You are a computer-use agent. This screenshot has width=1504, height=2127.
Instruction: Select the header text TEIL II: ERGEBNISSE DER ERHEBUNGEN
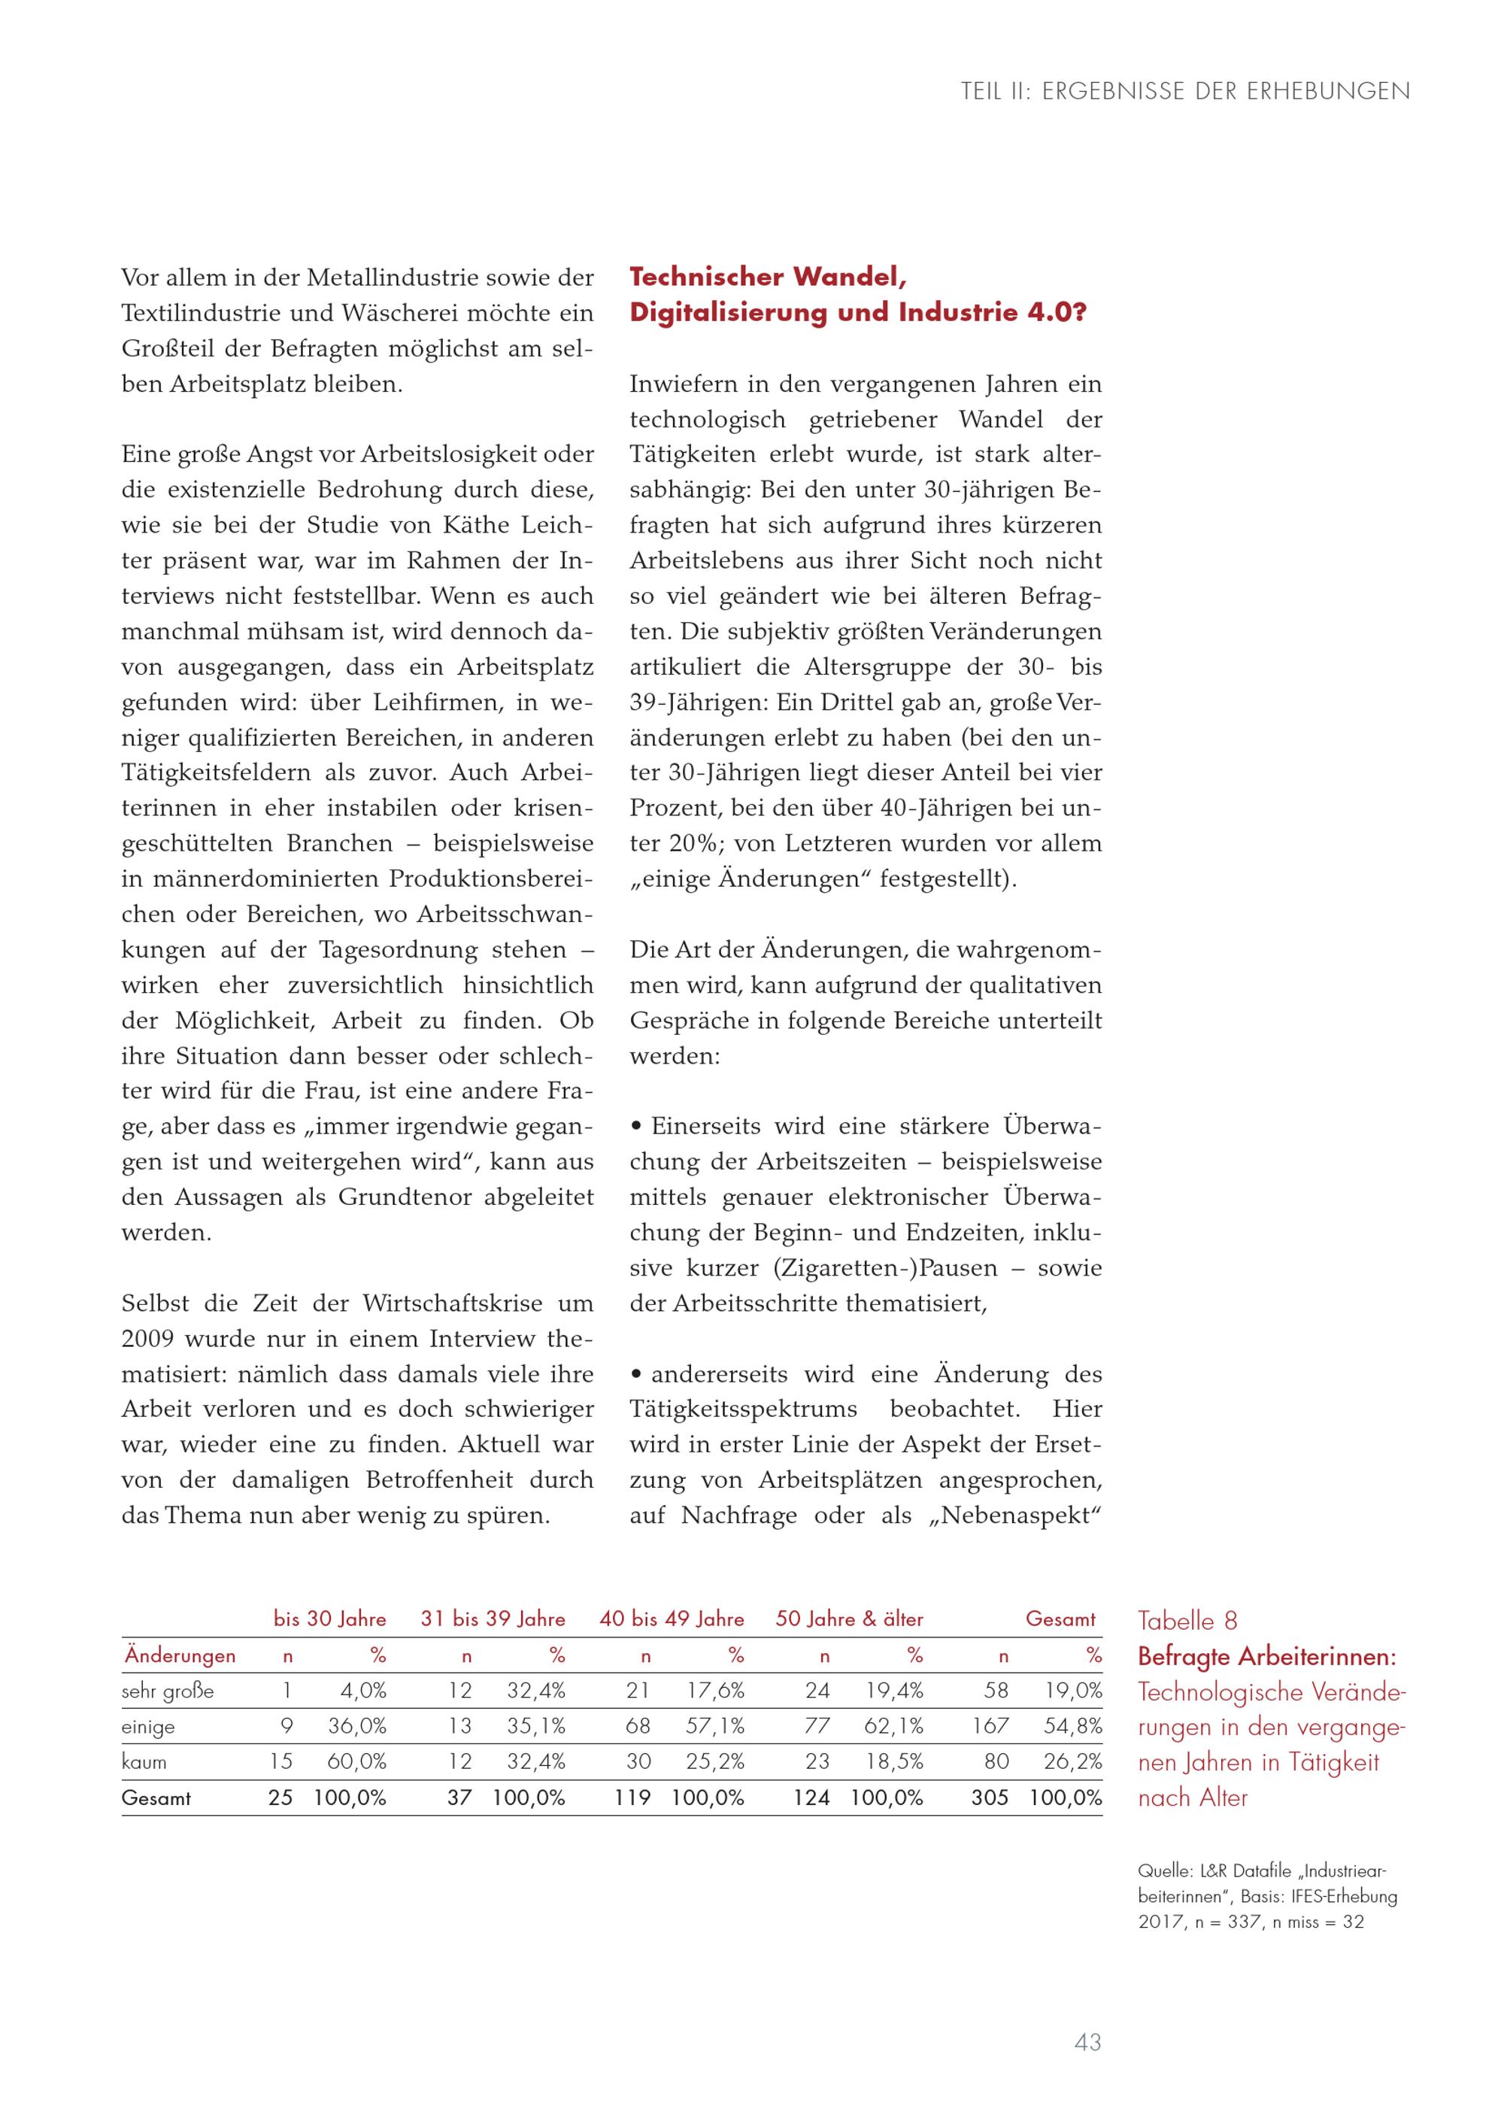click(x=1185, y=92)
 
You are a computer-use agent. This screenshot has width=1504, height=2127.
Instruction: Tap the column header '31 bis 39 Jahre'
click(x=493, y=1619)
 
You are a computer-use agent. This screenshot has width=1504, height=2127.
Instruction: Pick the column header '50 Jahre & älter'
click(x=849, y=1619)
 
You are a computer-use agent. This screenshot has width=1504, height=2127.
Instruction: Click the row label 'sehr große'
click(x=168, y=1691)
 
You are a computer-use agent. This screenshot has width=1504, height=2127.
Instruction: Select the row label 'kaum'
click(x=144, y=1762)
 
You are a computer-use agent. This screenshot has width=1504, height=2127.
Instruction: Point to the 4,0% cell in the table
click(x=363, y=1691)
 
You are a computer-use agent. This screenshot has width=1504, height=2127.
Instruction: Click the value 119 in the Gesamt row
click(x=632, y=1798)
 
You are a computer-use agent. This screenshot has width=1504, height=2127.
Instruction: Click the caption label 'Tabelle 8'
click(x=1187, y=1620)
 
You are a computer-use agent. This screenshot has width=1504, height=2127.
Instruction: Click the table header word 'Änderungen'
click(x=180, y=1655)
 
